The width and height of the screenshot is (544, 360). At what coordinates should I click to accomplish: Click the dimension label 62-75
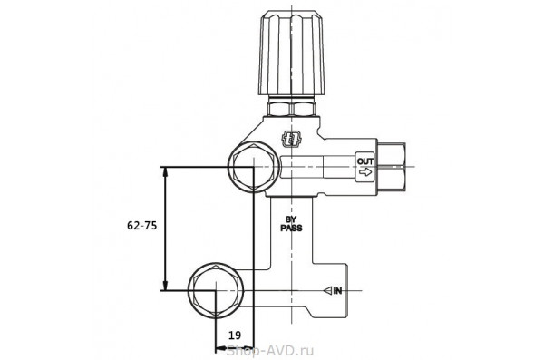[x=142, y=226]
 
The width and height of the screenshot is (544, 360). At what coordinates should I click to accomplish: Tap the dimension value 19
[x=235, y=336]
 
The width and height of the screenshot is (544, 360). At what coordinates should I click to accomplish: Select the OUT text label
[x=365, y=161]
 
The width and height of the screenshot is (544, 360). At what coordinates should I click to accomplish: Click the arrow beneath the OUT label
[x=365, y=172]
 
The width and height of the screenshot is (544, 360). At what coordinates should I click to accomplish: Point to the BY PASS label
[x=291, y=224]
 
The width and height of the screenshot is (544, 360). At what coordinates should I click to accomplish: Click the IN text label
[x=337, y=291]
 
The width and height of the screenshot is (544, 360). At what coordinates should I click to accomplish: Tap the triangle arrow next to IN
[x=327, y=290]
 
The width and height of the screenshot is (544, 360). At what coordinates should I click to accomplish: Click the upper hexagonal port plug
[x=253, y=167]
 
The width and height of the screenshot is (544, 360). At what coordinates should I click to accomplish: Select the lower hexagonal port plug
[x=216, y=290]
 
